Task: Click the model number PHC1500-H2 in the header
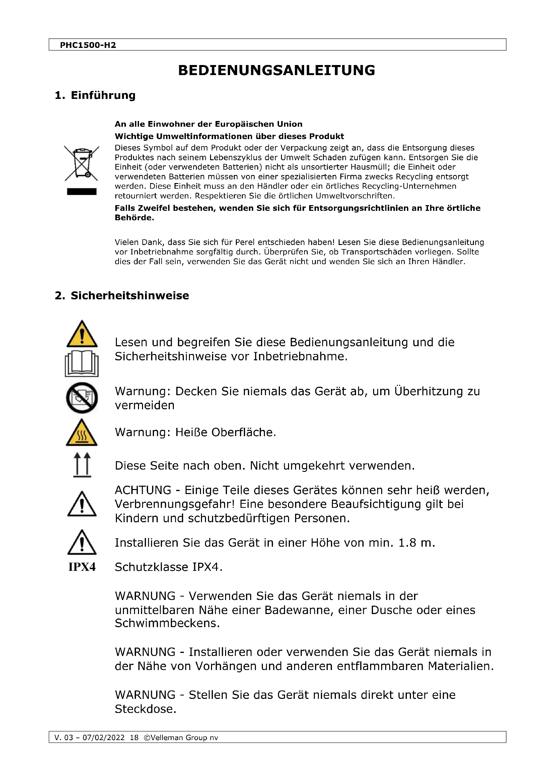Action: coord(88,45)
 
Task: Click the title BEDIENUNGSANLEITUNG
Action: coord(277,70)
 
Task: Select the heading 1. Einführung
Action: coord(95,95)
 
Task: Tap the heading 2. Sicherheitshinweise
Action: coord(122,295)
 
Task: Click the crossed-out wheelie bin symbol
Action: coord(82,163)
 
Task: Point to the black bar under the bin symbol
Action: coord(82,192)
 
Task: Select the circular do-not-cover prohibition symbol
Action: coord(82,398)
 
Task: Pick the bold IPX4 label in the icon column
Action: coord(82,567)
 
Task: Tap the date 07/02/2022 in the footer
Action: coord(104,737)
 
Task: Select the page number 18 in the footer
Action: coord(134,737)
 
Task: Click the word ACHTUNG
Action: coord(143,490)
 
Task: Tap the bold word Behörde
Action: coord(134,218)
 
